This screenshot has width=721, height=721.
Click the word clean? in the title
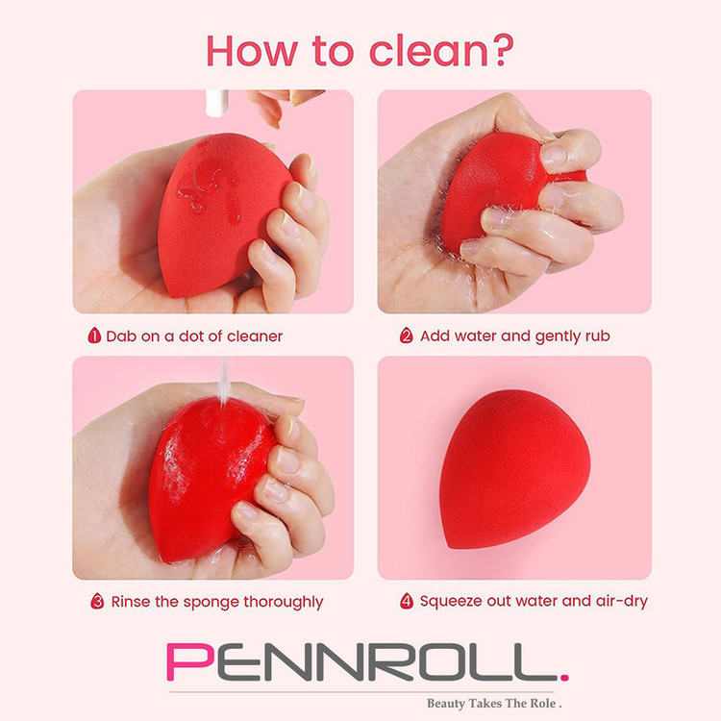pos(441,50)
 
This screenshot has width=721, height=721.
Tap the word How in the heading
pos(252,51)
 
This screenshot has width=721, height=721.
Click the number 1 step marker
pos(94,336)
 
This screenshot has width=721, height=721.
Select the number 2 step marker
pos(406,336)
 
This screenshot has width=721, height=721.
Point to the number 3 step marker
pos(97,601)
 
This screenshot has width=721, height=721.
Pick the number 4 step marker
pos(407,601)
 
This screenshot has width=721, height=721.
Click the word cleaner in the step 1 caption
pos(255,336)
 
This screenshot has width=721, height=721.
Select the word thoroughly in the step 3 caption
pos(284,602)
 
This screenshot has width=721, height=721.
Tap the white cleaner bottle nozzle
pos(217,103)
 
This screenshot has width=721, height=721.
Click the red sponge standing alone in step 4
pos(514,469)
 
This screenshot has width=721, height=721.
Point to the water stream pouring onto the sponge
pos(224,383)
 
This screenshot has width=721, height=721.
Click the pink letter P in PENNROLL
pos(190,662)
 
